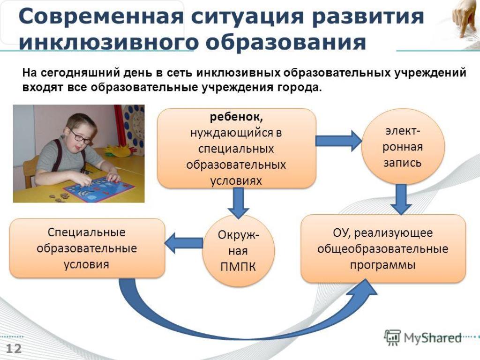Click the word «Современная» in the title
click(x=101, y=16)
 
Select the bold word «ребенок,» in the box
click(x=236, y=117)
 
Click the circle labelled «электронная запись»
click(x=403, y=147)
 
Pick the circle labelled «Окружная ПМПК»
click(x=238, y=251)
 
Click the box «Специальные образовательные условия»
click(x=87, y=248)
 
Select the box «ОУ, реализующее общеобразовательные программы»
click(x=383, y=248)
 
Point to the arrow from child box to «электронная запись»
click(x=338, y=141)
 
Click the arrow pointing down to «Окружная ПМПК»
click(x=238, y=202)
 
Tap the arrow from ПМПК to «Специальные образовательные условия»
click(x=184, y=243)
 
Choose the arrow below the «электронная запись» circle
click(x=401, y=199)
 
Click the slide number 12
click(x=14, y=349)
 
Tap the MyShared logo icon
click(x=392, y=337)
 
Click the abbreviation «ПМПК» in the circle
click(x=238, y=267)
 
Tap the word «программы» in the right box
click(x=382, y=265)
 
